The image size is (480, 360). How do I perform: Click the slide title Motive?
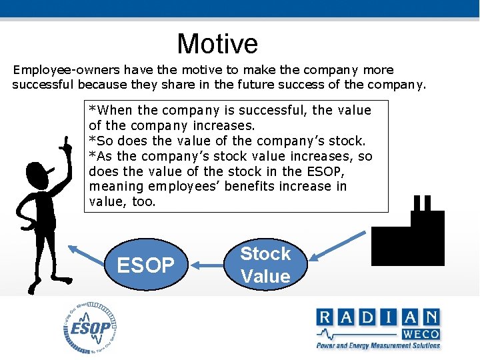pyautogui.click(x=217, y=44)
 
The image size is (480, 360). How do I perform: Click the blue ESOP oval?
pyautogui.click(x=145, y=265)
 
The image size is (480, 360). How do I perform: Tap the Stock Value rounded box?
pyautogui.click(x=265, y=265)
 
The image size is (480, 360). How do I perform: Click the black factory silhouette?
pyautogui.click(x=408, y=237)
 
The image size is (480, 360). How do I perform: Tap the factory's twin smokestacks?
pyautogui.click(x=422, y=203)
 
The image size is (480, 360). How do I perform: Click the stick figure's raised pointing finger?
pyautogui.click(x=66, y=143)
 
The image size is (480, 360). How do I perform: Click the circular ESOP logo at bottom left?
pyautogui.click(x=91, y=327)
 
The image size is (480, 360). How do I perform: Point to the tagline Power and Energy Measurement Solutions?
pyautogui.click(x=378, y=345)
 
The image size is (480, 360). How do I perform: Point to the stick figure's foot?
pyautogui.click(x=31, y=288)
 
